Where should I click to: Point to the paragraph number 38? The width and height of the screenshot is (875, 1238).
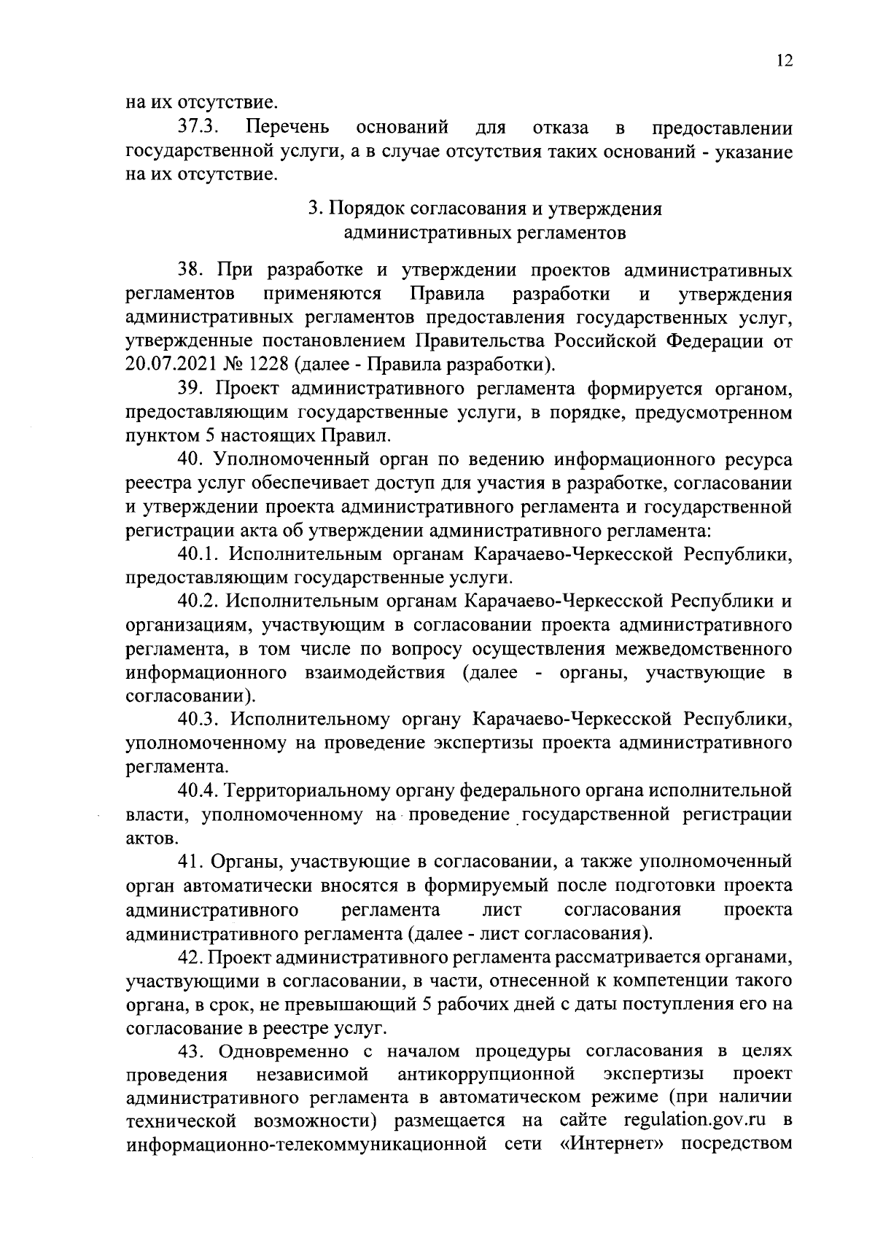pos(192,271)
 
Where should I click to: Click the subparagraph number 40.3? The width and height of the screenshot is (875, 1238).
pos(200,720)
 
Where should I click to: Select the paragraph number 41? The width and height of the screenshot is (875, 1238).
pos(192,863)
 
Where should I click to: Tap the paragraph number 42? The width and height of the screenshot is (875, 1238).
pos(192,957)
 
